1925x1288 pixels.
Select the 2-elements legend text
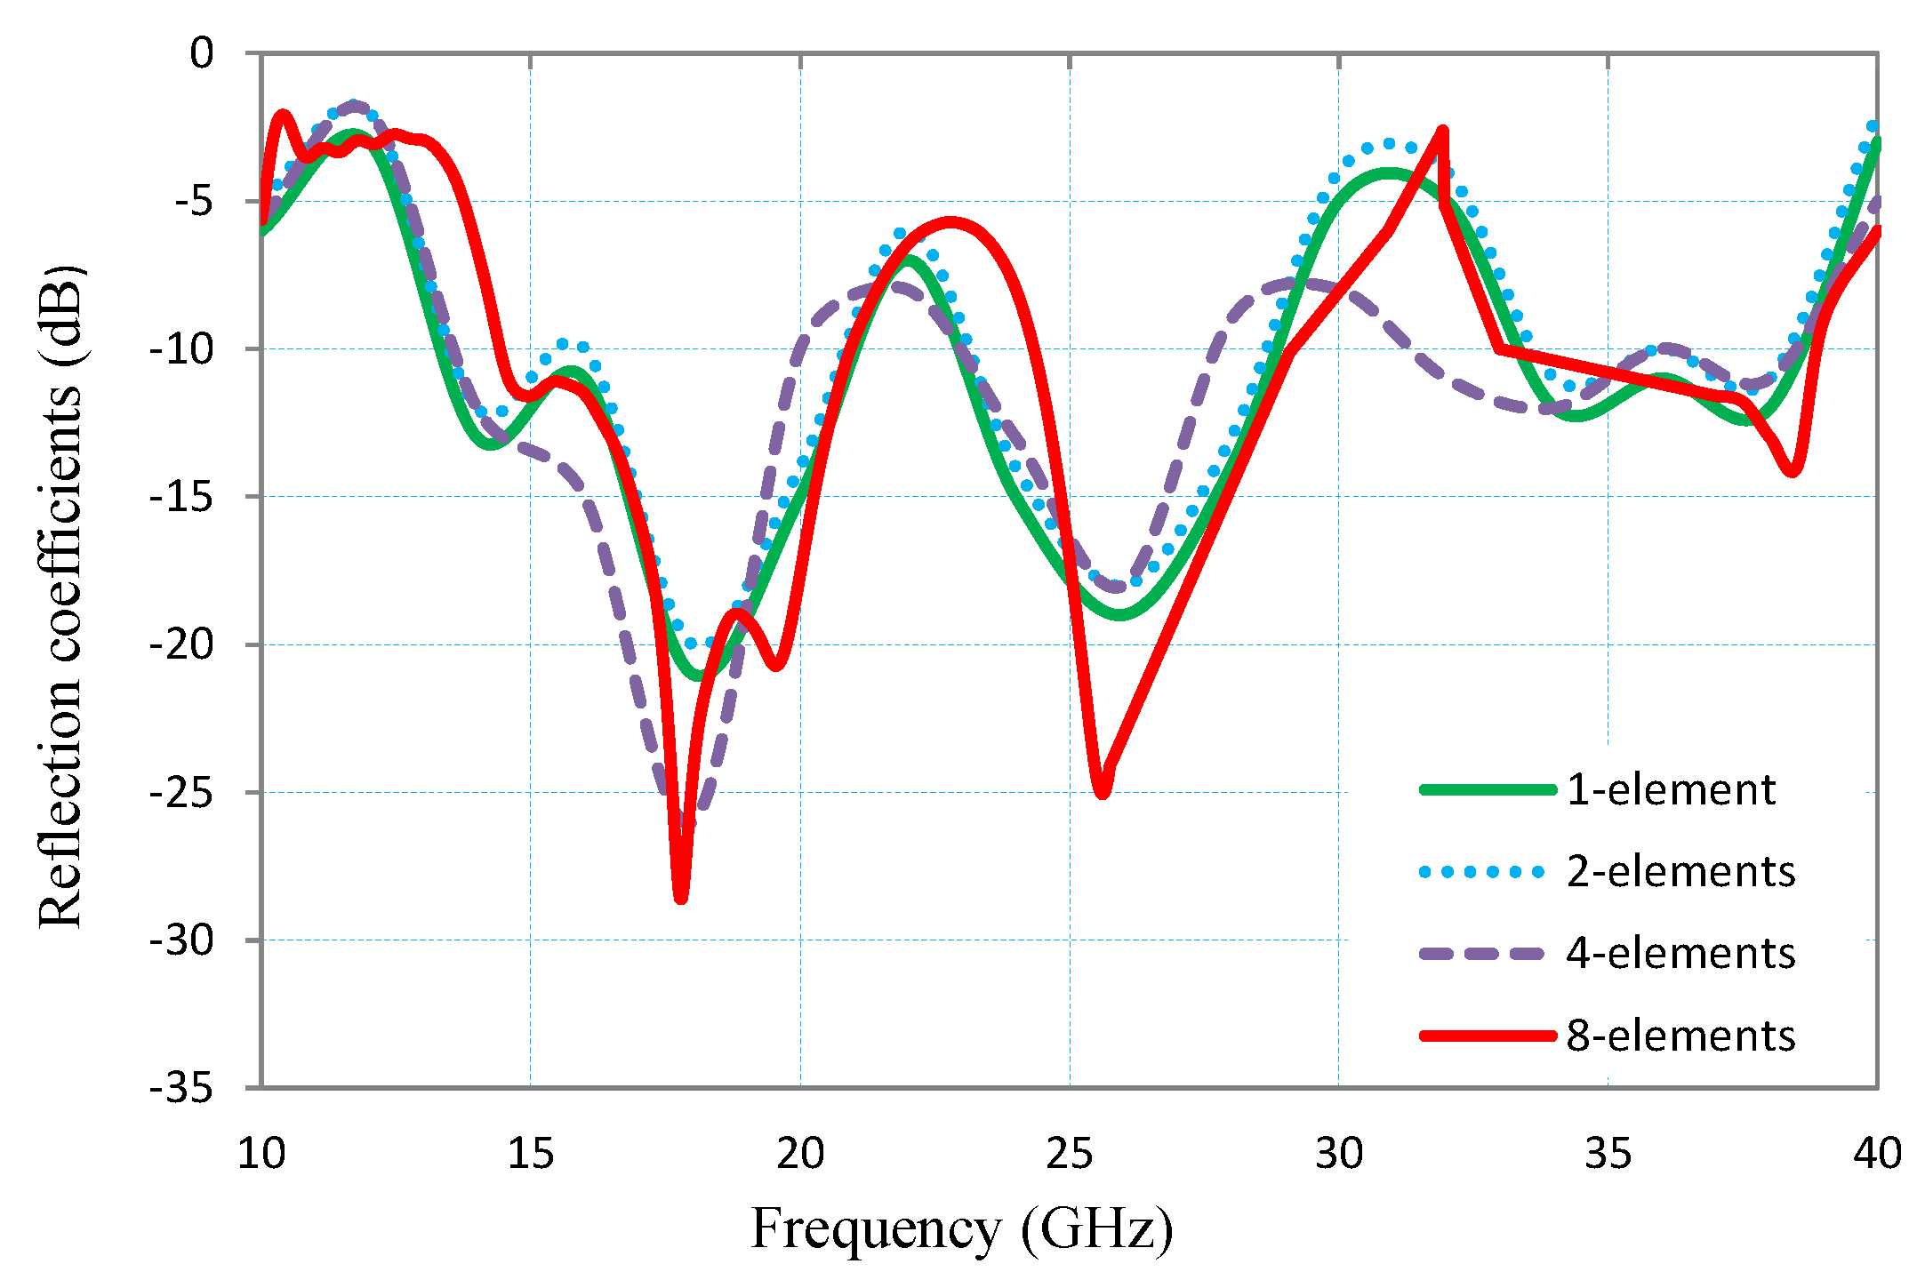1680,871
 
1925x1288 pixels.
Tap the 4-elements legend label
1680,953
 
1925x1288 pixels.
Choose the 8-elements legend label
1680,1036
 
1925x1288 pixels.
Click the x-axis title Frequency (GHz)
962,1230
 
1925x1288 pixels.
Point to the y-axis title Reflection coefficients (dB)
60,596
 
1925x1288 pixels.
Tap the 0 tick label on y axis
202,53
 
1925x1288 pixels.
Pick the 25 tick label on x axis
1069,1154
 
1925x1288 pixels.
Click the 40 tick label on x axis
1877,1154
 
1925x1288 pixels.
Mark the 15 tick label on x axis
530,1154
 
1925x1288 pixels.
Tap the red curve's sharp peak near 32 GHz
1443,131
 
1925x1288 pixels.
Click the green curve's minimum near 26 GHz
1120,614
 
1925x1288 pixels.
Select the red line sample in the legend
1487,1036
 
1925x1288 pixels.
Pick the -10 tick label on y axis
181,348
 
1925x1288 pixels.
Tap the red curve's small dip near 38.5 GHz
1793,472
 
